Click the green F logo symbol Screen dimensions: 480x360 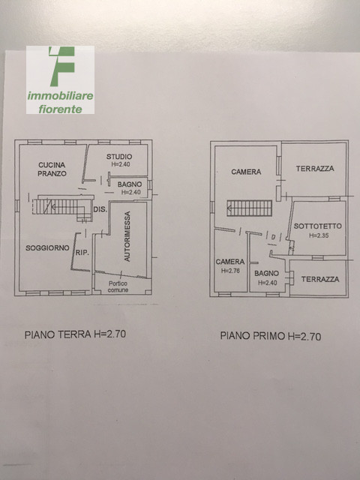[61, 67]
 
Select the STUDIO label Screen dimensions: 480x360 [119, 156]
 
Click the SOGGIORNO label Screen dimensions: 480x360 [47, 247]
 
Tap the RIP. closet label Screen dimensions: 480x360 [82, 253]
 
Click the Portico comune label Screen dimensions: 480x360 [119, 286]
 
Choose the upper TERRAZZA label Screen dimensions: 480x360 [314, 169]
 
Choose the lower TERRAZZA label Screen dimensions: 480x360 [319, 279]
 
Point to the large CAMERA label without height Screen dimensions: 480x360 [246, 172]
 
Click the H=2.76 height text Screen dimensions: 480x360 [231, 270]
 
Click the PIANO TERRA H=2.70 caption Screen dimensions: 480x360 [74, 335]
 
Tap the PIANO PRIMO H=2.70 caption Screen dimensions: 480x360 [270, 337]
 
